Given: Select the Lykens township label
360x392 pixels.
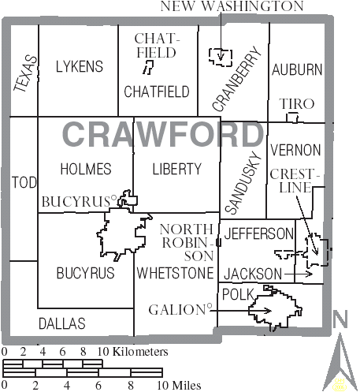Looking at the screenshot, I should point(79,66).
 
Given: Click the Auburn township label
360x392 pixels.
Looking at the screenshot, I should point(297,69).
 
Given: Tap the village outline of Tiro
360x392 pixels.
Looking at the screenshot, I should point(293,118).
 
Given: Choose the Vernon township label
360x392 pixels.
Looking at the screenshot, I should point(295,150).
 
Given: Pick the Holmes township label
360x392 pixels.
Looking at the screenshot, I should point(85,169).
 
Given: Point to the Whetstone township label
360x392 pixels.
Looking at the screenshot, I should point(175,274).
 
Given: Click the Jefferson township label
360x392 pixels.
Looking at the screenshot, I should point(258,233).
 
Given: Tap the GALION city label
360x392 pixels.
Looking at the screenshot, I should point(178,309).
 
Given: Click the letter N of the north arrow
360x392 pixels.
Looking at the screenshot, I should point(340,319).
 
